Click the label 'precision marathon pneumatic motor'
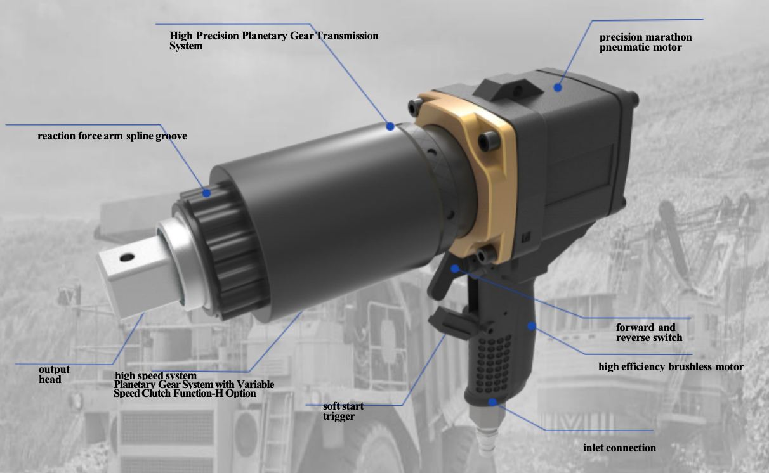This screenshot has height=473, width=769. tap(645, 42)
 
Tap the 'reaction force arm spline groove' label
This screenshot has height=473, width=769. tap(112, 136)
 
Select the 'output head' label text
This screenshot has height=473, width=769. tap(54, 374)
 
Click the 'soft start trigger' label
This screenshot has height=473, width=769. tap(343, 411)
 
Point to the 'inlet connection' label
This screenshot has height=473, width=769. tap(619, 448)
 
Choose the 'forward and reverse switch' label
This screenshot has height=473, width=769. tap(649, 332)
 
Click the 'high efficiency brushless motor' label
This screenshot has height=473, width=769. tap(671, 366)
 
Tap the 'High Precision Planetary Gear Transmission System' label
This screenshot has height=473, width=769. tap(273, 41)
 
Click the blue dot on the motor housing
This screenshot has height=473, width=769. tap(558, 87)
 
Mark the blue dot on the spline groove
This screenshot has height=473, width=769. tap(206, 193)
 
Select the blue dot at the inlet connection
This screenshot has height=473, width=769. tap(492, 402)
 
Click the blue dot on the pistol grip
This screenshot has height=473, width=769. tap(532, 326)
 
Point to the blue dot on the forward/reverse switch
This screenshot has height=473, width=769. tap(455, 269)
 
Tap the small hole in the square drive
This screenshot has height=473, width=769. tap(127, 257)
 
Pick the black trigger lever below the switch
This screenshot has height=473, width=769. tap(450, 323)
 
